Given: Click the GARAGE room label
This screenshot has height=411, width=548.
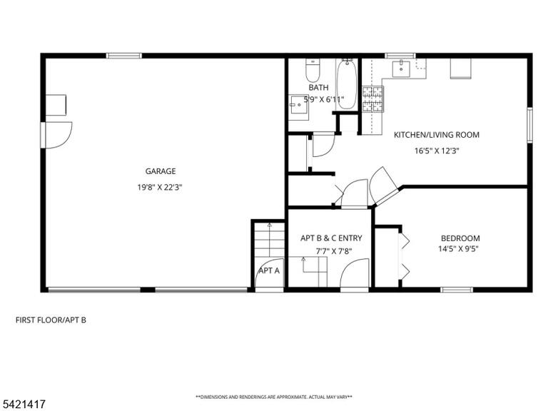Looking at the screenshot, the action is point(161,171).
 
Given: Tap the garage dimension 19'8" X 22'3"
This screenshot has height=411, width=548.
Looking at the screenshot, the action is point(160,188).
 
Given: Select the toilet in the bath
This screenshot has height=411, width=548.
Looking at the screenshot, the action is point(313,70).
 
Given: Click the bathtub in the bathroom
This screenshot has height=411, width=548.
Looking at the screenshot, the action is point(347,84).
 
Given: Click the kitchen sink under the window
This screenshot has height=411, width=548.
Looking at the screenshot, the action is point(401,68).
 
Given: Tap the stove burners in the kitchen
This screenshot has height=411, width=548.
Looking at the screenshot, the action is point(372,99).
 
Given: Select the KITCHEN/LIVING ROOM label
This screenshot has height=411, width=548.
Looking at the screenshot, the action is point(437,135).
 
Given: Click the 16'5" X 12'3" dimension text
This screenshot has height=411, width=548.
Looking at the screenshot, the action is point(437,151).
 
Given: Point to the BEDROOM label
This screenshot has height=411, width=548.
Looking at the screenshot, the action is point(460,238).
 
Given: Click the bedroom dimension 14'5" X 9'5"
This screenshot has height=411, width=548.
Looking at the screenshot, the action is point(458,249).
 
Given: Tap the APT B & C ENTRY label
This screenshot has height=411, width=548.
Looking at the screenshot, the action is point(331,238).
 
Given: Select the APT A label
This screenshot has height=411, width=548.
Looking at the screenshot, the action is point(269,270).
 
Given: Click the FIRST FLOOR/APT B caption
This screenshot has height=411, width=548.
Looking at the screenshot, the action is point(51,320).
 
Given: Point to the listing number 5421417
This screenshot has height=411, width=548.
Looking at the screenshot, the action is point(23,405).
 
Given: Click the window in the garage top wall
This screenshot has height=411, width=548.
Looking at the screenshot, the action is point(124,56).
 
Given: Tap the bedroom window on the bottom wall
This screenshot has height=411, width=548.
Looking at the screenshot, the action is point(457,290).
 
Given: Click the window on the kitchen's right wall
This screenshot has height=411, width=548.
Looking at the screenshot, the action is point(530,125).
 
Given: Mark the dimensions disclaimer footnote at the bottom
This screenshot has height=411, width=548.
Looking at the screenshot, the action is point(274,397).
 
